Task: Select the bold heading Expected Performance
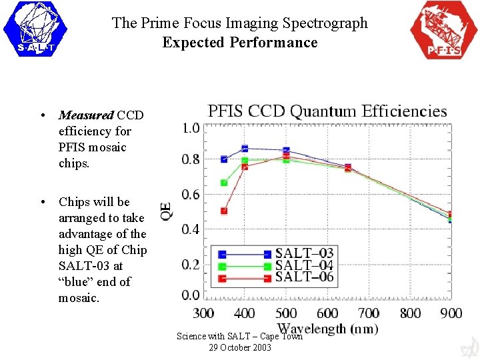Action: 240,43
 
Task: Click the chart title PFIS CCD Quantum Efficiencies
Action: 327,111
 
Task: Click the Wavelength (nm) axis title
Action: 327,328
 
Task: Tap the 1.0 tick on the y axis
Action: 191,127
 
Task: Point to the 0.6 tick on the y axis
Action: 191,195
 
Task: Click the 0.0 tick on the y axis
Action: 191,295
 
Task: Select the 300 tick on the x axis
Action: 203,313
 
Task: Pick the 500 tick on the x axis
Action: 286,313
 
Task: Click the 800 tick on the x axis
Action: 410,313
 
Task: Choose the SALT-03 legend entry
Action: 304,253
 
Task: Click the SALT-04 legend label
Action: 304,265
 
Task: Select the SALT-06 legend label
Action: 304,277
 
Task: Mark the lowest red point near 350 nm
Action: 224,211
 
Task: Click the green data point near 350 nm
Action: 224,183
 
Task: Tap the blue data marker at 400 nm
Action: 245,148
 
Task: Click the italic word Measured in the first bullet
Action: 86,115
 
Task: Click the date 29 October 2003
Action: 240,347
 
